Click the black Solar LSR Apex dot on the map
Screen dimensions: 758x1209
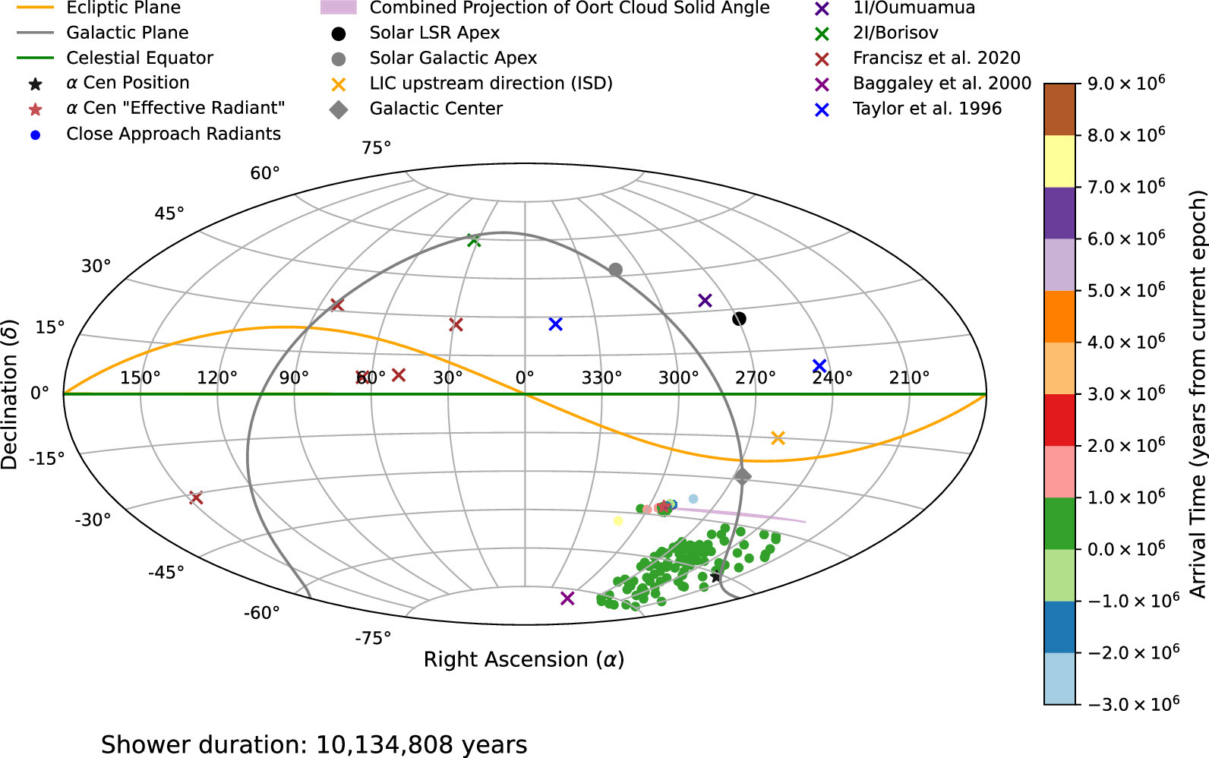point(739,319)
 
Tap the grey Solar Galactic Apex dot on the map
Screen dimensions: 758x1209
point(616,270)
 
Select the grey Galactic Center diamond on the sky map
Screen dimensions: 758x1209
point(743,476)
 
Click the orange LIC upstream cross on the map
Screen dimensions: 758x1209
point(778,438)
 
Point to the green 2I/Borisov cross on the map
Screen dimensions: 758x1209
point(475,241)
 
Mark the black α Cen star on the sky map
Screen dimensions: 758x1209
point(715,577)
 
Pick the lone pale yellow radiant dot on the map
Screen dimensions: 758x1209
point(618,521)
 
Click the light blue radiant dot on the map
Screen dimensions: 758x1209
point(693,499)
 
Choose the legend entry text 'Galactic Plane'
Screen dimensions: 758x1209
point(127,33)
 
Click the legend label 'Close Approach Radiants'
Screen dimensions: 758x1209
point(173,134)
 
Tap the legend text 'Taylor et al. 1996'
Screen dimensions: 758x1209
point(926,109)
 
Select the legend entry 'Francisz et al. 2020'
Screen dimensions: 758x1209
point(936,58)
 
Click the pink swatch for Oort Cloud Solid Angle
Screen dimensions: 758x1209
point(338,8)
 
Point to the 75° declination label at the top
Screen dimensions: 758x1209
point(377,147)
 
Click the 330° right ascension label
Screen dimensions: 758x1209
point(601,377)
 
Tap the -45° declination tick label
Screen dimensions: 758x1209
point(166,572)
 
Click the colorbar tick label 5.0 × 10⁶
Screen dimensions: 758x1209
point(1126,291)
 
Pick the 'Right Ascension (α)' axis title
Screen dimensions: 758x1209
point(524,659)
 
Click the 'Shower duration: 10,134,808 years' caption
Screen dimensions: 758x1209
point(314,744)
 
